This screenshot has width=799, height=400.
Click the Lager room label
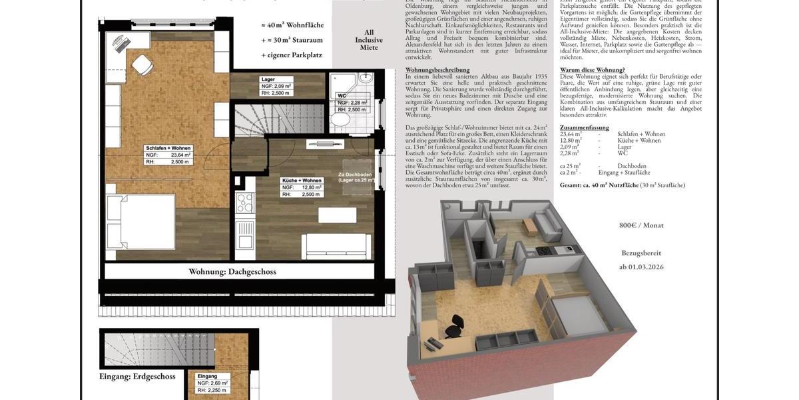coord(268,79)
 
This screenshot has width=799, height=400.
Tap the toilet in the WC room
coord(340,120)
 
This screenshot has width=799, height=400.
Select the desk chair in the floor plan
coord(142,65)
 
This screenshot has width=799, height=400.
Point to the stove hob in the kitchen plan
coord(244,202)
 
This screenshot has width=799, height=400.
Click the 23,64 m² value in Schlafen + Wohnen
coord(178,155)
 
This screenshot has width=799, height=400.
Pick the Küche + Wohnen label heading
coord(302,181)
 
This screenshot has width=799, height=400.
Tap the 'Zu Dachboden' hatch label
coord(354,175)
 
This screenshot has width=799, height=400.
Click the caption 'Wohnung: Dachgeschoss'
coord(232,271)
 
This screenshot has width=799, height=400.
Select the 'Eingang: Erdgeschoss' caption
coord(137,376)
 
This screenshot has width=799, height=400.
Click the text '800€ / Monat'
coord(641,225)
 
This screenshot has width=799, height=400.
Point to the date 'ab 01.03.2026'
coord(641,267)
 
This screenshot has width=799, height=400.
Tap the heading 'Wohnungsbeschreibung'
coord(437,69)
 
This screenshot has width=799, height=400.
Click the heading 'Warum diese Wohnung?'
coord(593,69)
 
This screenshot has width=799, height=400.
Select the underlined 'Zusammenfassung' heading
coord(585,127)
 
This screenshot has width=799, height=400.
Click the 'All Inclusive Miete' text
coord(368,40)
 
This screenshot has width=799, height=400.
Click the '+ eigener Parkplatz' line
coord(292,55)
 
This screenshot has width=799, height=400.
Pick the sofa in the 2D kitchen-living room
coord(336,247)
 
